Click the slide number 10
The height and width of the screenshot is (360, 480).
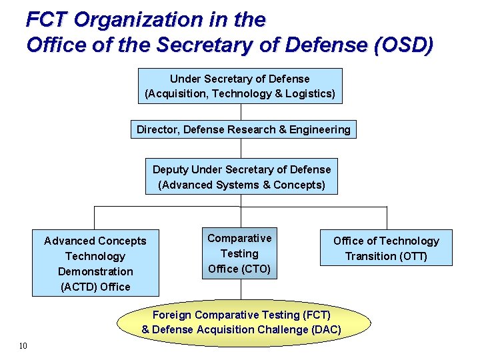[x=23, y=345]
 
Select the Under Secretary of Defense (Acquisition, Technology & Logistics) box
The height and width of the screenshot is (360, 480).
[x=240, y=86]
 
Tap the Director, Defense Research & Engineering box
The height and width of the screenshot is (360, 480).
[x=243, y=129]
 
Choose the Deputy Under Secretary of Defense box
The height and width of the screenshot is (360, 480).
[x=241, y=177]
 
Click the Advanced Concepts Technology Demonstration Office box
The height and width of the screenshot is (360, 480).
[x=95, y=263]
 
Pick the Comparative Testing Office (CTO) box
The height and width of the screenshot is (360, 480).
[x=239, y=253]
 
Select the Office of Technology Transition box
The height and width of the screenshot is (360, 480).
[x=386, y=248]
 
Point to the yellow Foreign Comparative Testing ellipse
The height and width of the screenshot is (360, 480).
[x=241, y=322]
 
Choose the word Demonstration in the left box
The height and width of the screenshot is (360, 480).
[x=95, y=271]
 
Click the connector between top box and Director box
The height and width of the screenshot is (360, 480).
[x=241, y=112]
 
